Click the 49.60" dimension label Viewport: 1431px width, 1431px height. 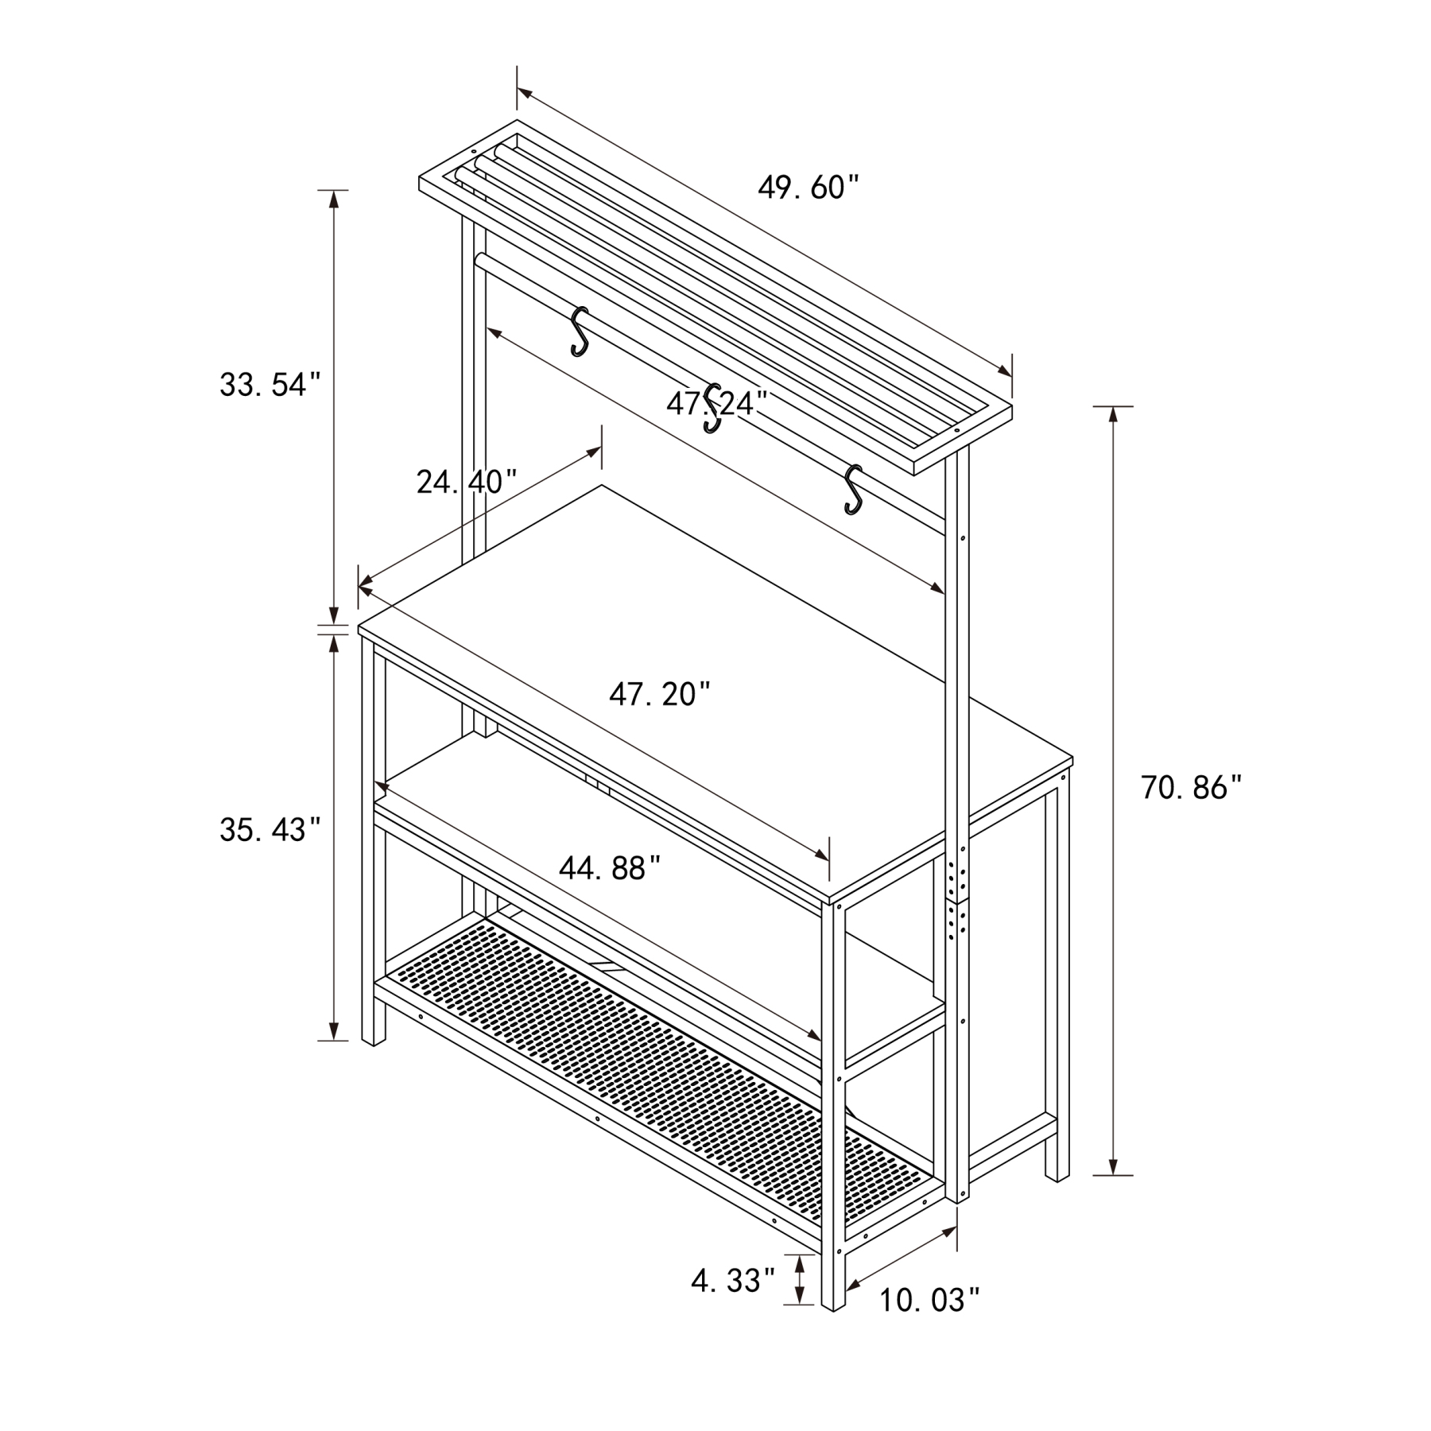809,188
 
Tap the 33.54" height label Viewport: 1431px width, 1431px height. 270,385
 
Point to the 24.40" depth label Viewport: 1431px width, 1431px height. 467,482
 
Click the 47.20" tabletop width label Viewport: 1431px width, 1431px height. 660,695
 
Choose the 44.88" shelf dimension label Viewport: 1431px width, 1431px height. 610,868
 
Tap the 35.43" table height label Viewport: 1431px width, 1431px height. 270,830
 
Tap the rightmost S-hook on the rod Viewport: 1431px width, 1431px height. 853,489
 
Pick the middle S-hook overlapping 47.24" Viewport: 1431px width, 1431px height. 713,409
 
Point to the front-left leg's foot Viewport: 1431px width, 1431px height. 373,1030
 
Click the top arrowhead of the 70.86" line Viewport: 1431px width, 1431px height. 1113,414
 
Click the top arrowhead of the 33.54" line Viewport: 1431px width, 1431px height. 334,199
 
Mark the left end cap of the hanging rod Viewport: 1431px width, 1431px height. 479,260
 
